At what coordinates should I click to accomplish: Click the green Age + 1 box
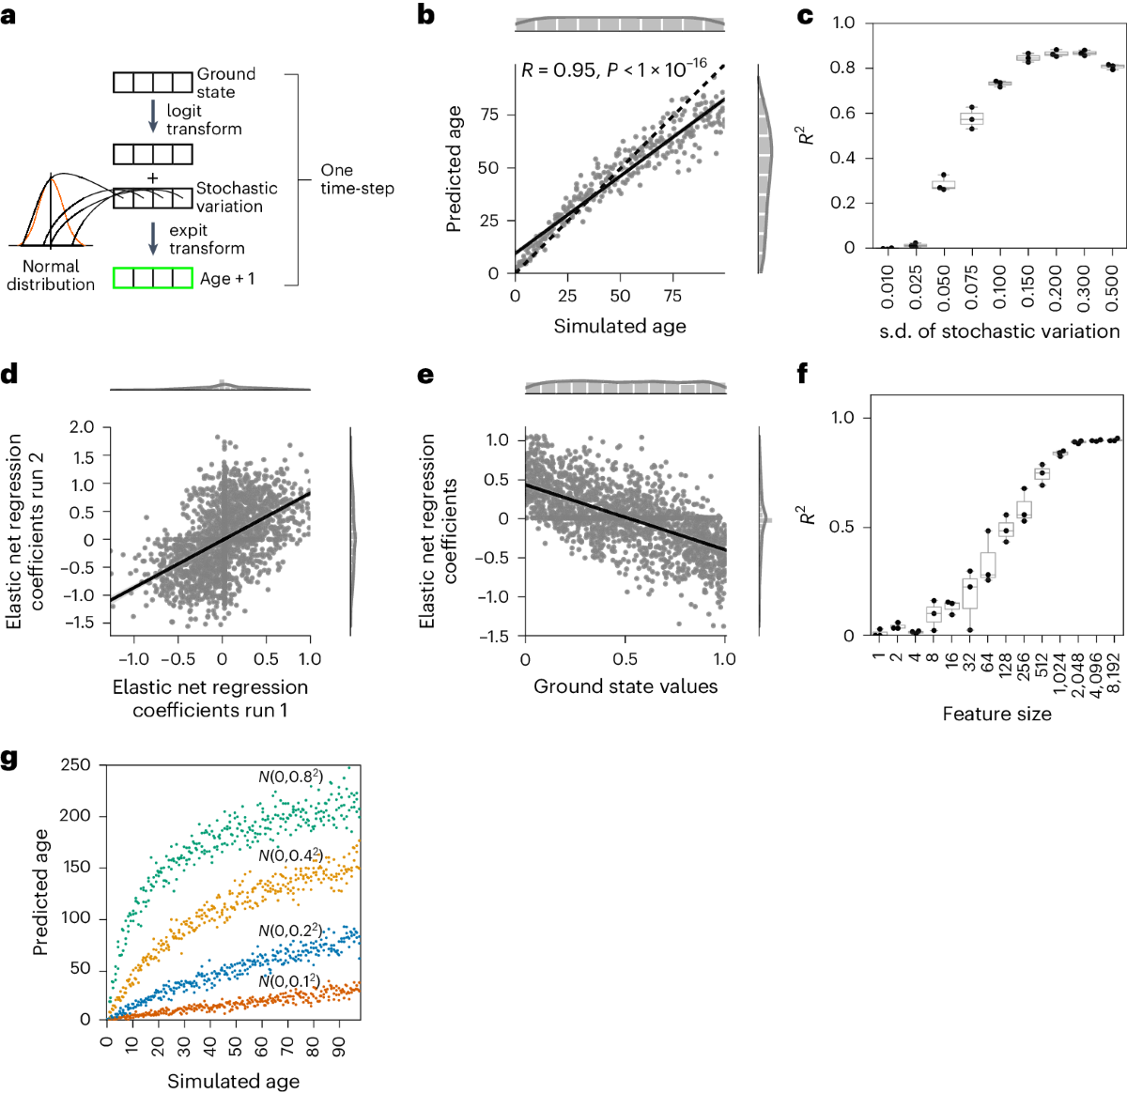[153, 278]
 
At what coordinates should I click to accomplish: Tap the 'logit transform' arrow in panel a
[153, 117]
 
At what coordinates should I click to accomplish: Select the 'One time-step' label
[357, 178]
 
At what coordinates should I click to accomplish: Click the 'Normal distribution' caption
[51, 275]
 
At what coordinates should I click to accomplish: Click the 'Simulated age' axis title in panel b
[620, 326]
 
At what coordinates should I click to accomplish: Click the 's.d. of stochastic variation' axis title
[998, 331]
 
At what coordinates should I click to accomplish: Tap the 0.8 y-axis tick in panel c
[842, 68]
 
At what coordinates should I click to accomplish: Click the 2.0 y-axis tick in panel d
[83, 427]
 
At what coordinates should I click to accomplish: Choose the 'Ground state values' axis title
[625, 686]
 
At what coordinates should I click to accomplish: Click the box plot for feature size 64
[988, 565]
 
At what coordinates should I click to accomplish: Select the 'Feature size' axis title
[996, 714]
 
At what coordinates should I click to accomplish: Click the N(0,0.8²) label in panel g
[290, 777]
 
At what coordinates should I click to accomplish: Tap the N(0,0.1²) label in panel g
[288, 981]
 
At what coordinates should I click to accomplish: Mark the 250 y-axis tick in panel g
[75, 765]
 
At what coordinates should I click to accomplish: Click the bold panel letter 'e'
[425, 376]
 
